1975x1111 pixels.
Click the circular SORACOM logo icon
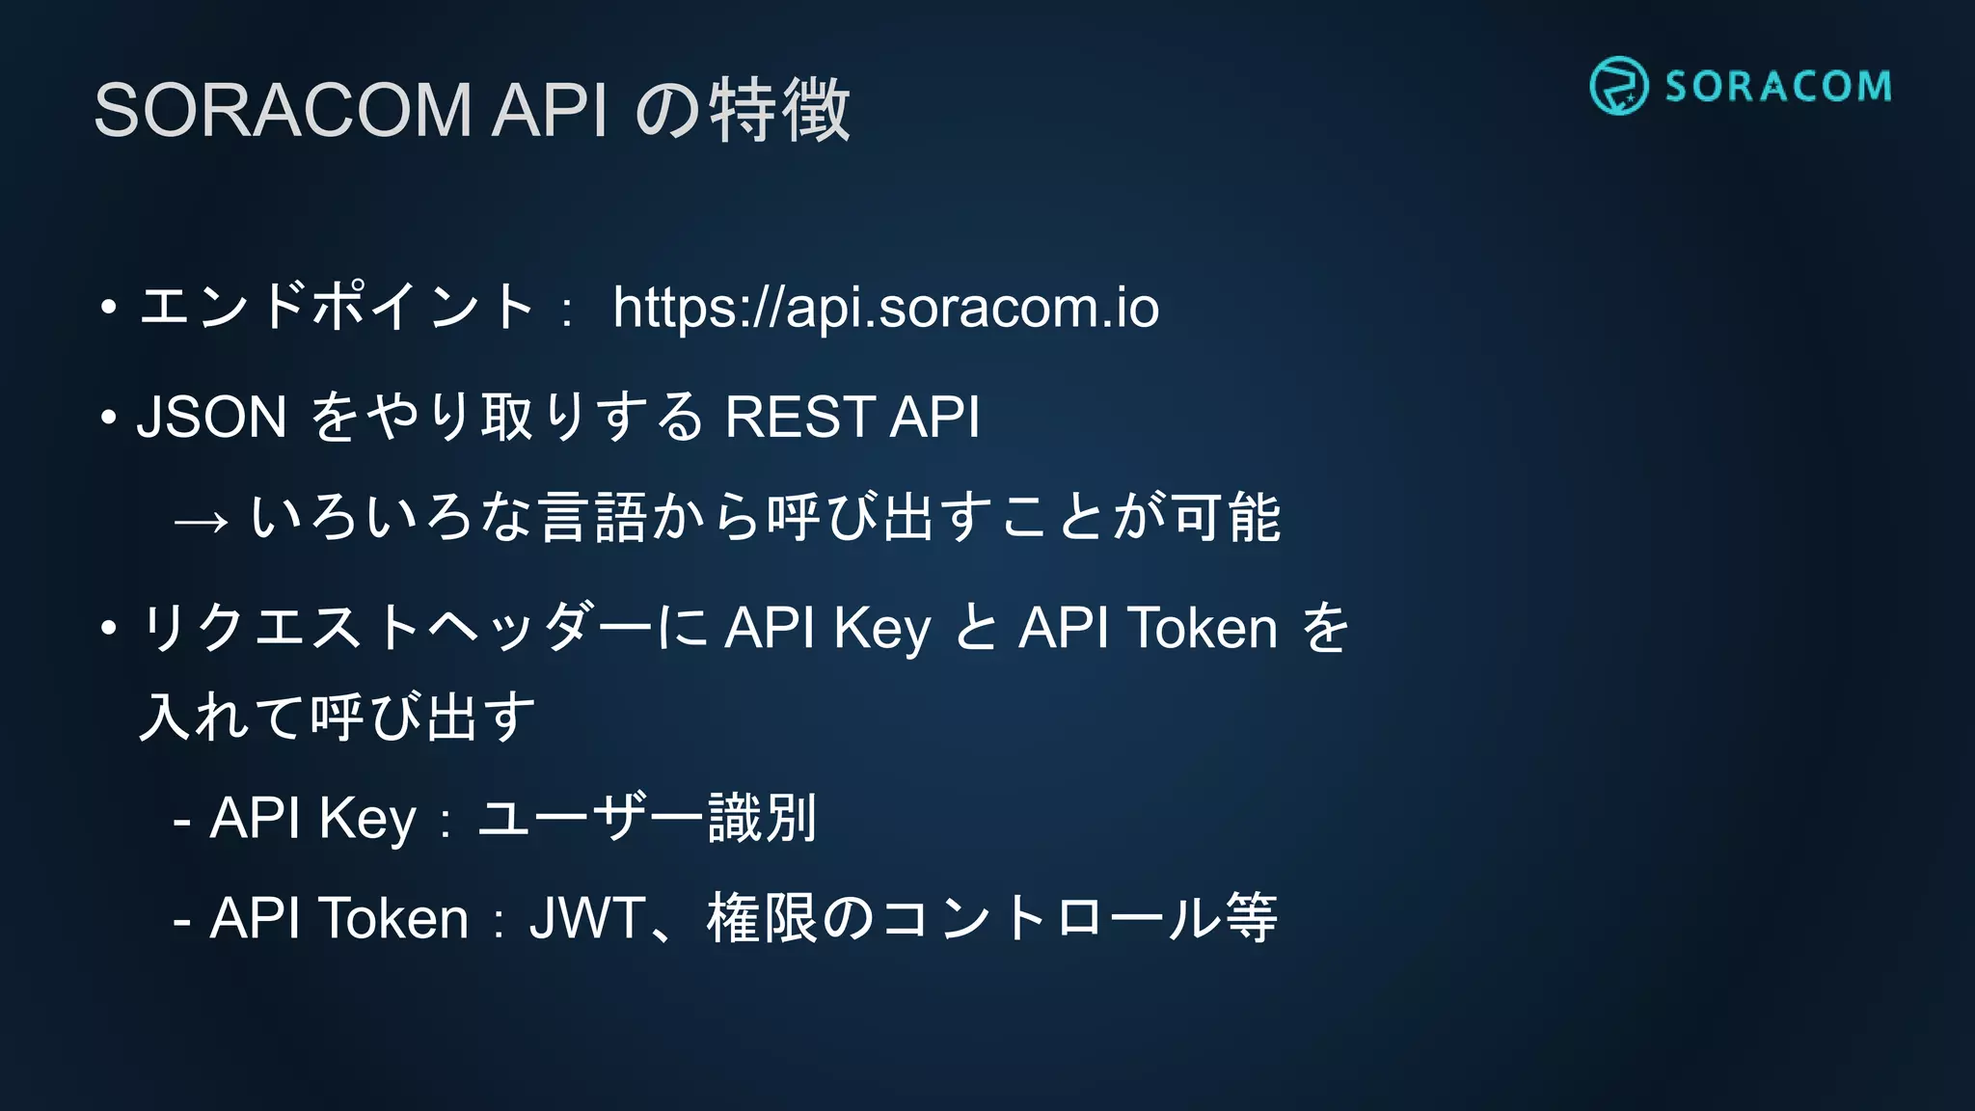pos(1618,86)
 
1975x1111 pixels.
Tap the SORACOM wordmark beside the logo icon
pos(1778,87)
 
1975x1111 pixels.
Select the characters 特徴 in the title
pos(780,110)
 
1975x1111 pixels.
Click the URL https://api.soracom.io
pos(885,308)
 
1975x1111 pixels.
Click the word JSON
pos(212,417)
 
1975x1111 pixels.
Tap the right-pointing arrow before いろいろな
pos(202,522)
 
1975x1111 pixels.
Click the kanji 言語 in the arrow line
pos(593,517)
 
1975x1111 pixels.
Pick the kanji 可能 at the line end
pos(1227,517)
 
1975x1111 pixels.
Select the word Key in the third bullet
pos(882,630)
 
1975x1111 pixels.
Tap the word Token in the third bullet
pos(1204,628)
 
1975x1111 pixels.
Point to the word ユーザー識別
pos(647,818)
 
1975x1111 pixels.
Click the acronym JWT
pos(587,918)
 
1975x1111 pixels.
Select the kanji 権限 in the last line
pos(762,918)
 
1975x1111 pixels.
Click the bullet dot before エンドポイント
pos(108,309)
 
